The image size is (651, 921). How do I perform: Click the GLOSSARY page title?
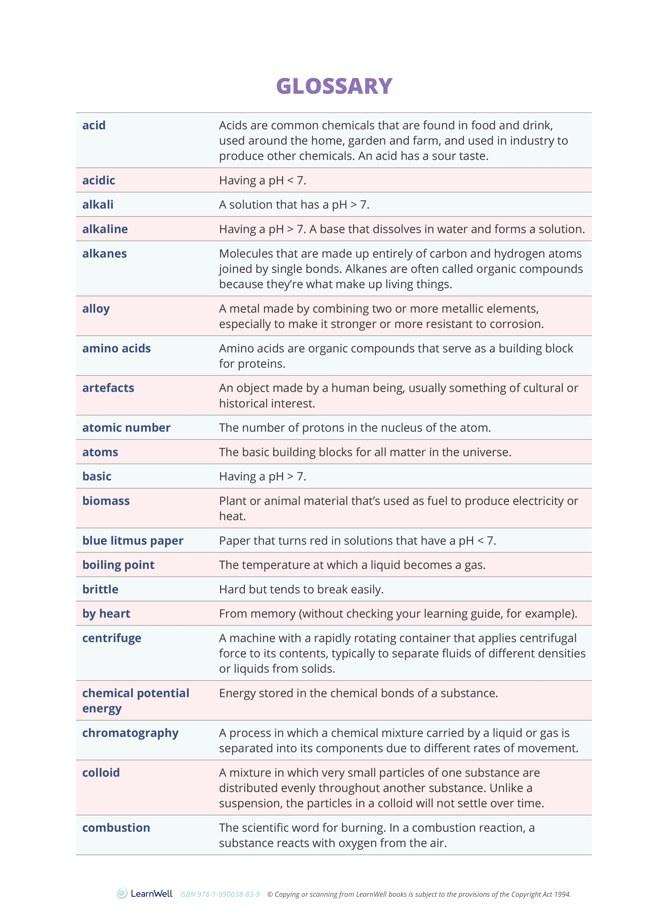click(334, 86)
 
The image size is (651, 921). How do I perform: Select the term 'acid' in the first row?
click(94, 126)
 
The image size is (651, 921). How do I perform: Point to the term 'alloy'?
click(96, 309)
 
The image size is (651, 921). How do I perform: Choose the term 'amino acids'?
click(116, 348)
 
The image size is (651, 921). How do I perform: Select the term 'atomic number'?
click(126, 428)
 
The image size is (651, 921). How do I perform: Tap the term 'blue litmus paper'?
click(132, 541)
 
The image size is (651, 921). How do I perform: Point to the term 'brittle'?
click(100, 589)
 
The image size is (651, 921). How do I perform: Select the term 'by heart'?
click(106, 614)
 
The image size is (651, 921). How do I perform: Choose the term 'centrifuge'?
click(112, 638)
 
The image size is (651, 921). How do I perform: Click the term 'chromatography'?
click(130, 733)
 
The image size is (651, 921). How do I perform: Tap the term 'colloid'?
click(101, 773)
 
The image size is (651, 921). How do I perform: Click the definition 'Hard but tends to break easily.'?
click(301, 589)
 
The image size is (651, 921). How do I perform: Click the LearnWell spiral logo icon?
click(122, 893)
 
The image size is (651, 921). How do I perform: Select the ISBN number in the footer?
click(219, 894)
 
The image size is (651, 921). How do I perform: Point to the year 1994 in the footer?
click(562, 894)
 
